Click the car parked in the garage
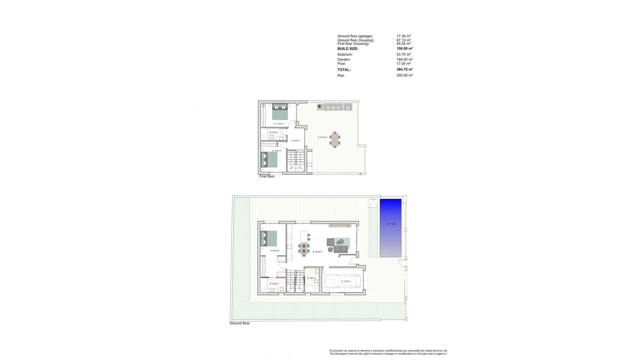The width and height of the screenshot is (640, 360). click(343, 281)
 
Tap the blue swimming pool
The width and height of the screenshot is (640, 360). click(390, 228)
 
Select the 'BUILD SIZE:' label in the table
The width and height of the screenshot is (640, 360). click(348, 49)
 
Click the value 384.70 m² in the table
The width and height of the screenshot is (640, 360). click(404, 70)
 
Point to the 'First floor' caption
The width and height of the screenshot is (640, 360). click(267, 176)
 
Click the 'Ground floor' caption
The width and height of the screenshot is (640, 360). click(239, 323)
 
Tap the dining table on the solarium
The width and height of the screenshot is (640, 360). click(335, 140)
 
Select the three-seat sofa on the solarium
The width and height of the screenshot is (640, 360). click(333, 107)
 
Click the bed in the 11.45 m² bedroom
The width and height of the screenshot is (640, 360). click(280, 112)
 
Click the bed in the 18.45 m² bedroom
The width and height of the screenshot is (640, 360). click(269, 239)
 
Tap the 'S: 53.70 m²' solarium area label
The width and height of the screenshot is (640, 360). click(322, 137)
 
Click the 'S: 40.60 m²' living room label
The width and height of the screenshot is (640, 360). click(318, 252)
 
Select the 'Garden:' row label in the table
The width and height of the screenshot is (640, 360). click(344, 60)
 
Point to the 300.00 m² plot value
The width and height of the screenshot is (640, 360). click(404, 76)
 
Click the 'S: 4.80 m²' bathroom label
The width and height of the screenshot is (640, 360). click(311, 278)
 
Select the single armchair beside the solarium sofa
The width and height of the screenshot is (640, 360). click(348, 107)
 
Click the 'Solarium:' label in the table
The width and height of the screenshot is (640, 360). click(345, 54)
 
